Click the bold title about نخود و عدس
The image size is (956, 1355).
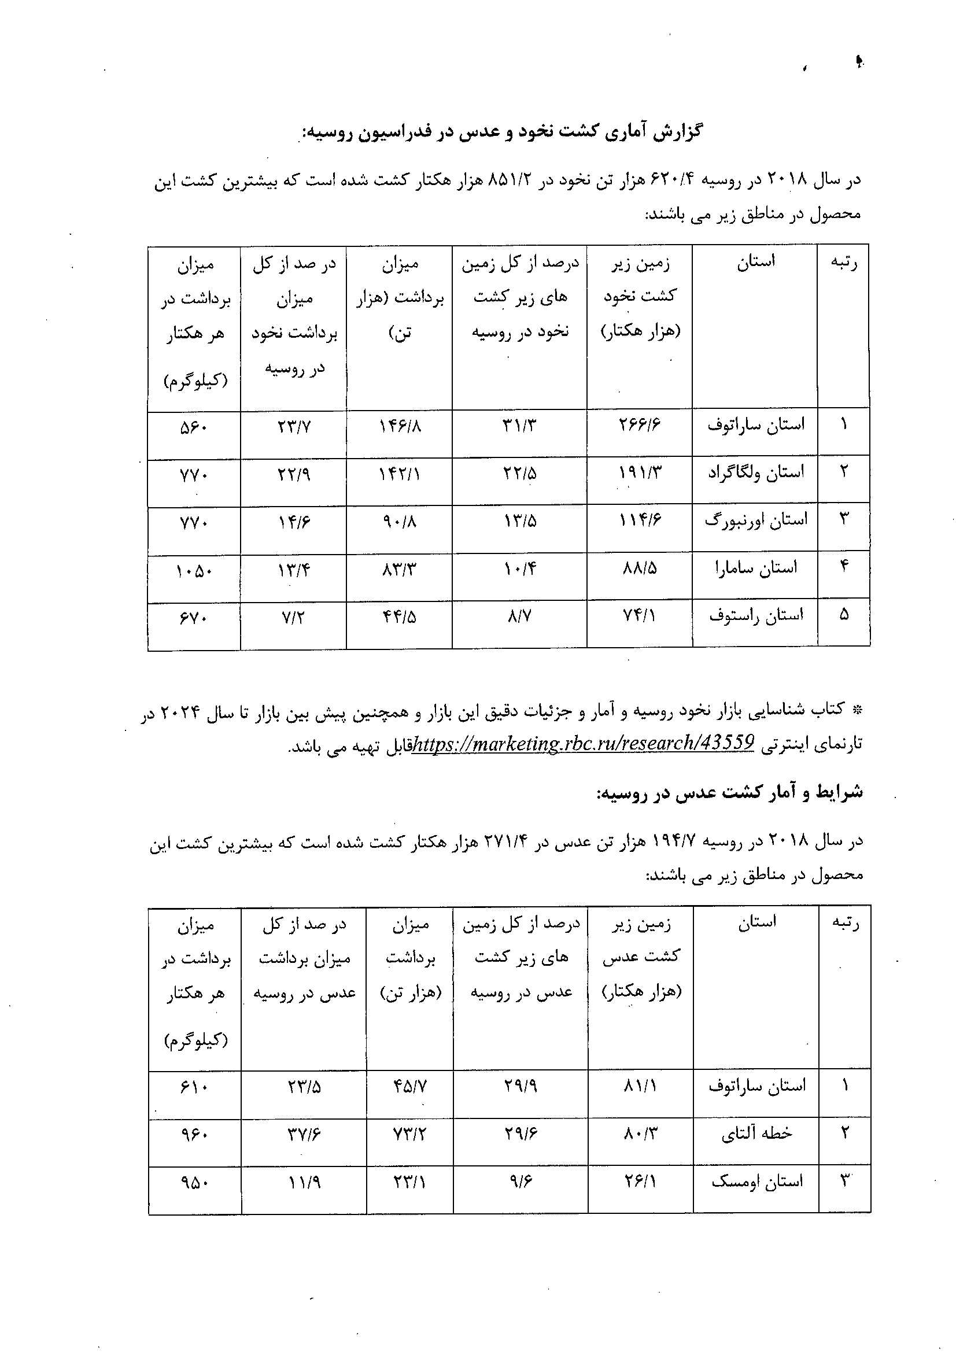point(501,131)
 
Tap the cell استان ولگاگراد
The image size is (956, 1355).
point(755,472)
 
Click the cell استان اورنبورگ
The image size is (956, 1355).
point(755,520)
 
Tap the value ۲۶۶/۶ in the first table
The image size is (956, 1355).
point(640,425)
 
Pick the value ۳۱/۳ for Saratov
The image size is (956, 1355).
point(520,425)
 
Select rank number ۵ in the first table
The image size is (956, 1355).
point(844,615)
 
